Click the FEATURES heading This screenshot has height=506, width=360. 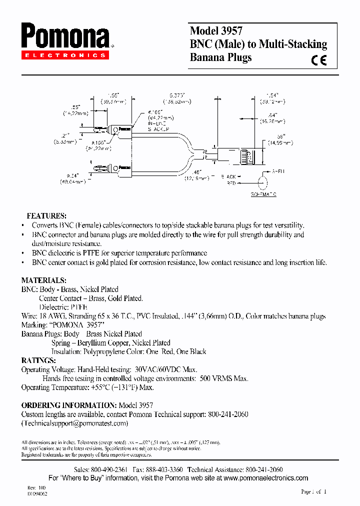46,216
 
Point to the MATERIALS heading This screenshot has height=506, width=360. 43,280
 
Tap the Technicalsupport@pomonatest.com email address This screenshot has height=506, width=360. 75,423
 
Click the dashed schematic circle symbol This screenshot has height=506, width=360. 263,180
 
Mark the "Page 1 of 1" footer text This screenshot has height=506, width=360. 314,492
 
